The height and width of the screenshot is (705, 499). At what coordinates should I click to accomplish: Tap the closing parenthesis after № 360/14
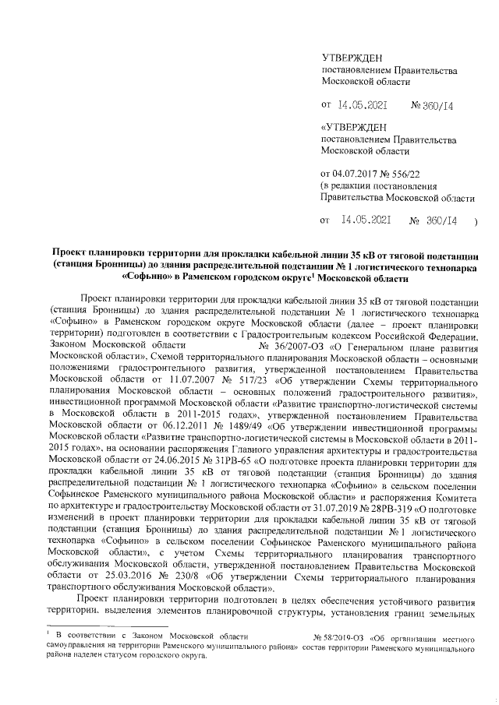pyautogui.click(x=476, y=222)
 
